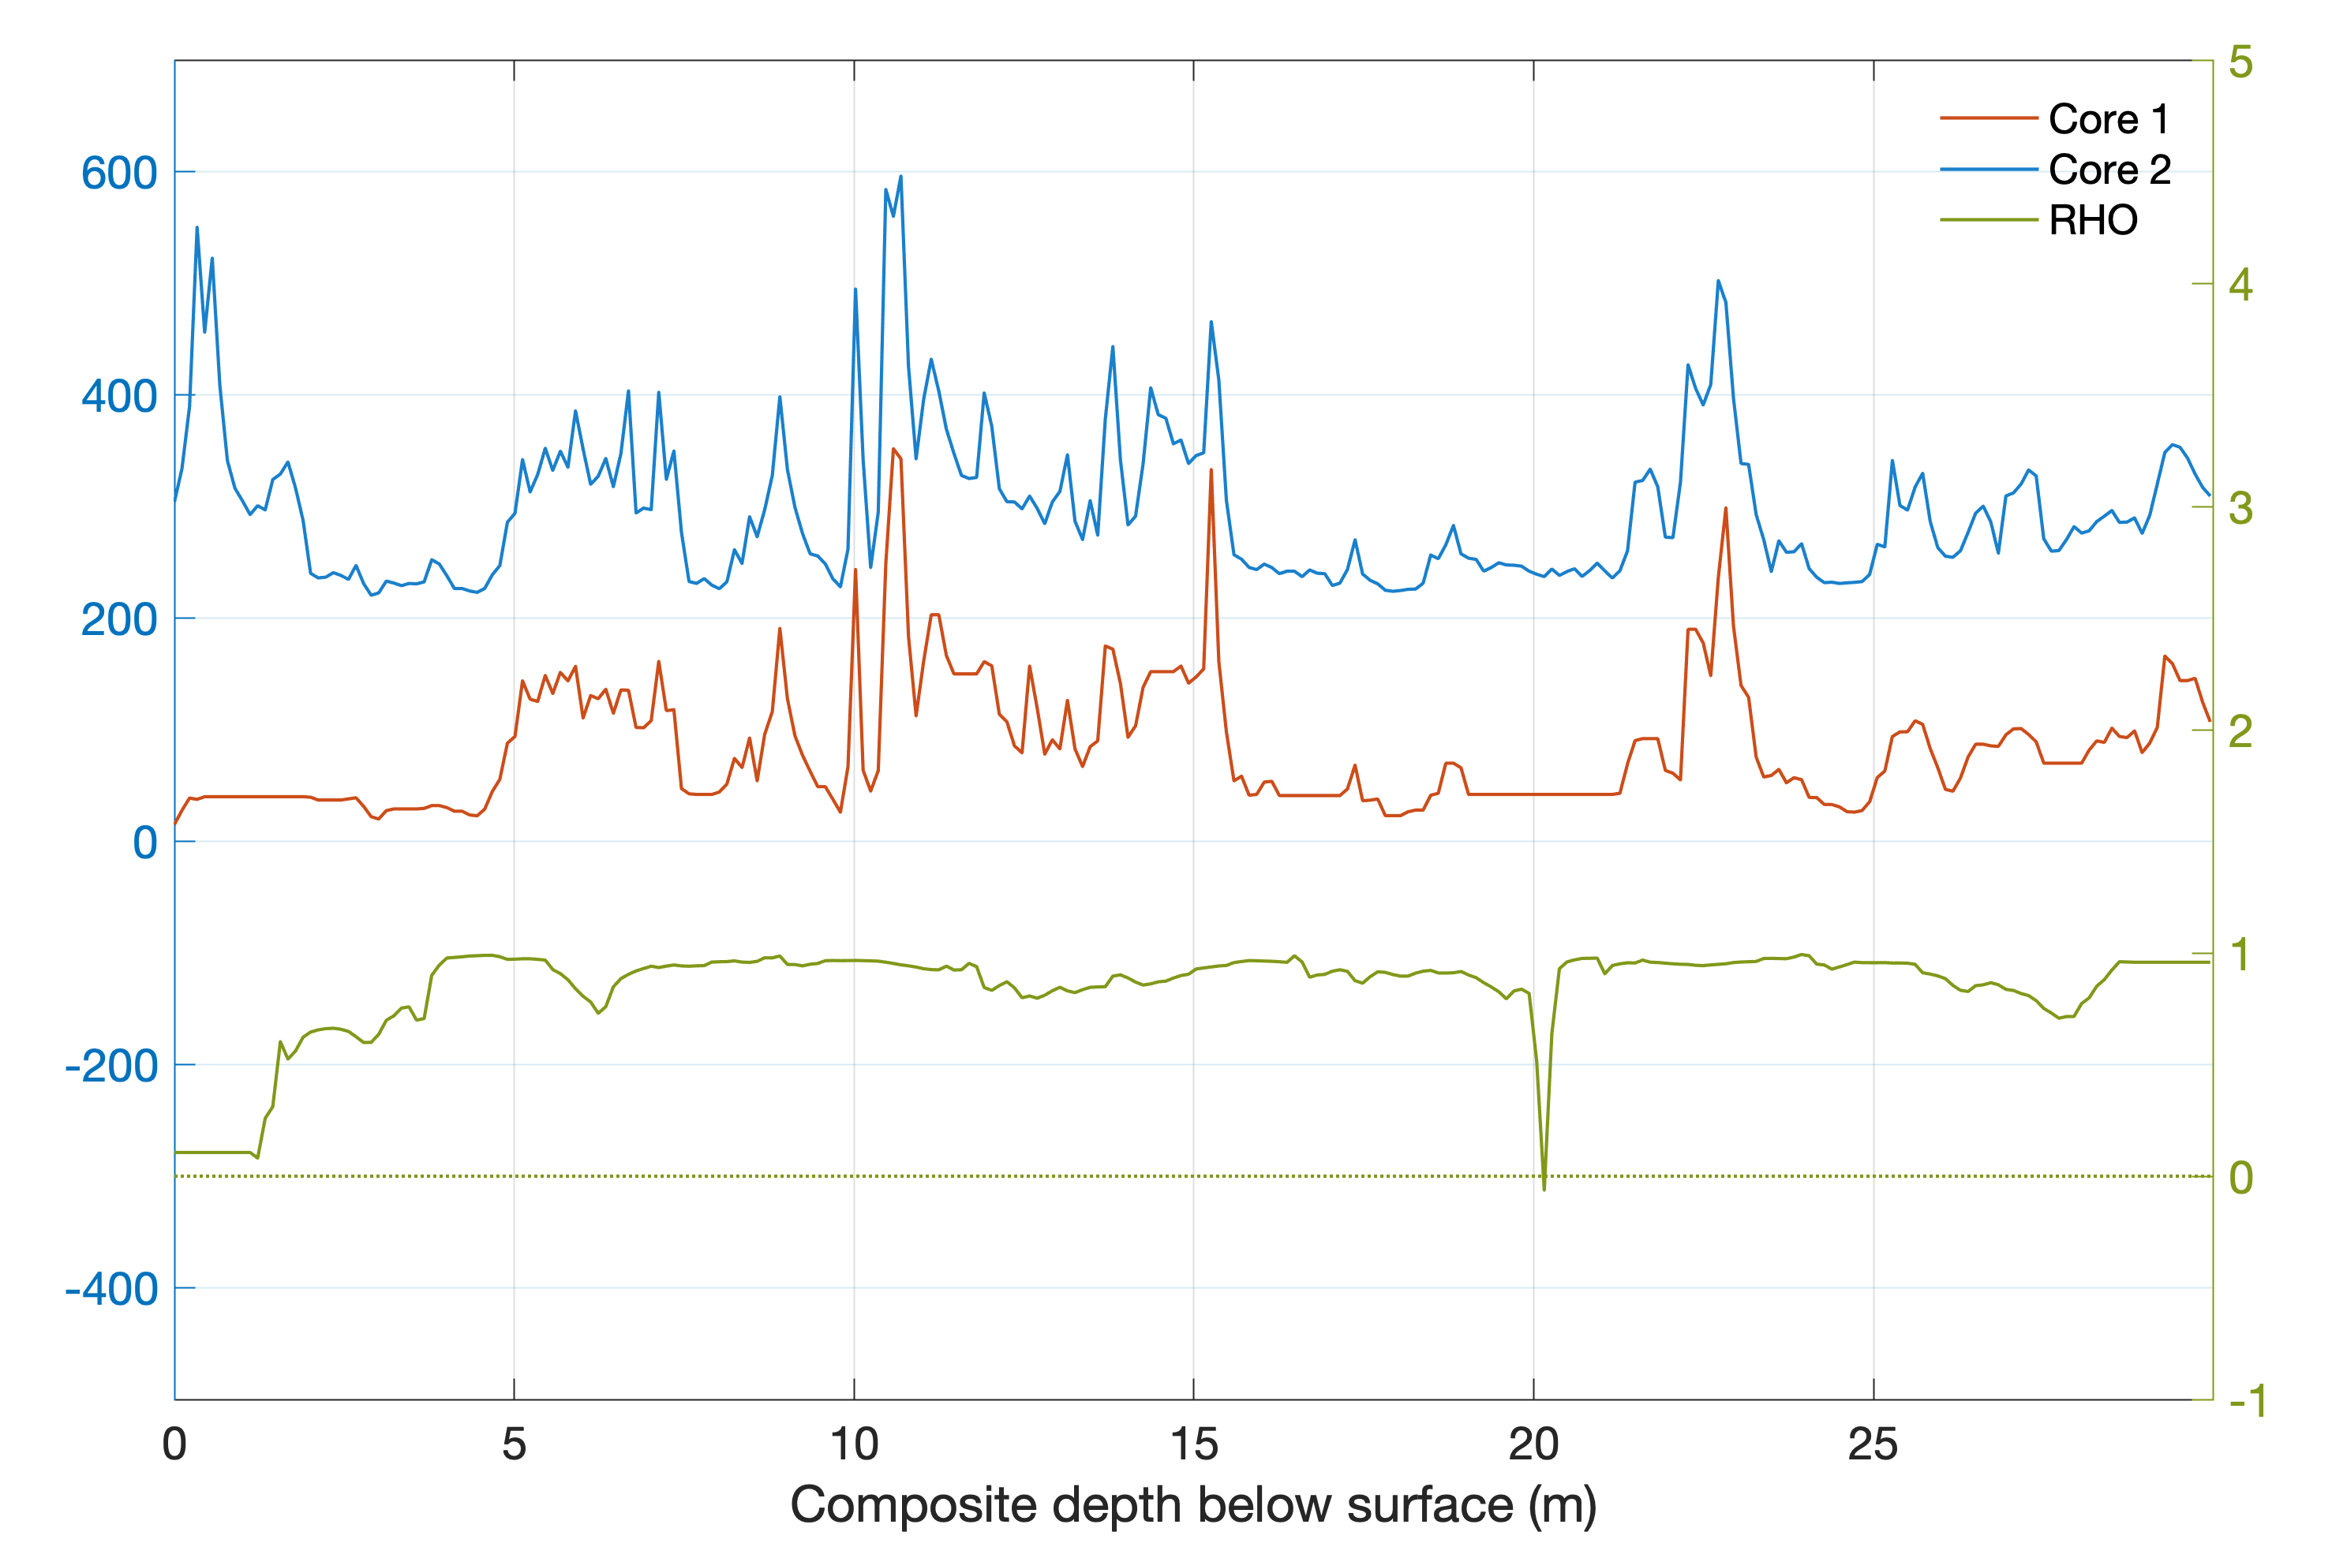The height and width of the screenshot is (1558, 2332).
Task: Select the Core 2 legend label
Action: point(2109,170)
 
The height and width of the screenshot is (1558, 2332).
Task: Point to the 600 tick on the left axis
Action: point(119,173)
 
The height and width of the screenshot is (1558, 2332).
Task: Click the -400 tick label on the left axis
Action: point(111,1290)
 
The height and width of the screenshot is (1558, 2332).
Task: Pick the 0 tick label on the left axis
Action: point(145,843)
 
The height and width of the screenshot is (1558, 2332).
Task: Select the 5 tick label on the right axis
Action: point(2240,62)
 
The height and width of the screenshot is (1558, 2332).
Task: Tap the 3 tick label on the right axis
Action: point(2240,508)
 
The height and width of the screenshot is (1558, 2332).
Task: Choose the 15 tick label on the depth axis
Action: point(1194,1444)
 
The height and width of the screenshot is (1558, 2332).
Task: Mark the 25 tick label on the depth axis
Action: point(1873,1444)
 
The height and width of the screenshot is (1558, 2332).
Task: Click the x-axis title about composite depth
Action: point(1193,1504)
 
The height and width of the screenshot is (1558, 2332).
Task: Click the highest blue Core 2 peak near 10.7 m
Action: point(900,177)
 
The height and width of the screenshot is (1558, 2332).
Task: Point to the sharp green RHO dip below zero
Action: point(1544,1188)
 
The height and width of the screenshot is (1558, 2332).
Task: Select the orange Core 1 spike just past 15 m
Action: point(1211,470)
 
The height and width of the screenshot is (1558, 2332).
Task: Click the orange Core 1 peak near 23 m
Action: point(1726,509)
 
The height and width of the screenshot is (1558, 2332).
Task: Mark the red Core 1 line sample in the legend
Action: point(1988,119)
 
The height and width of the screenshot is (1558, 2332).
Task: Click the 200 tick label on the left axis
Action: point(119,619)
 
